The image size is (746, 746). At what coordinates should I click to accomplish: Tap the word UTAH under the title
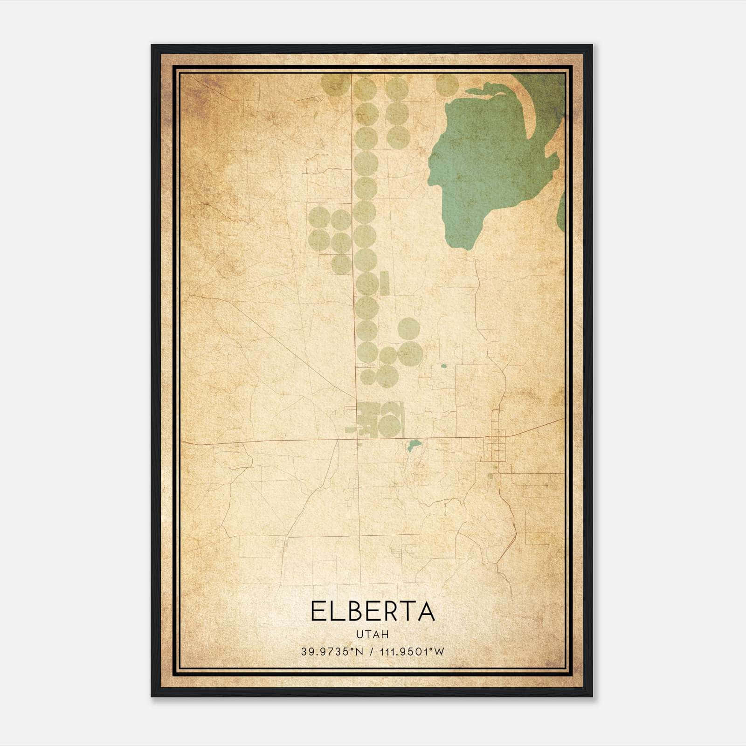tap(373, 635)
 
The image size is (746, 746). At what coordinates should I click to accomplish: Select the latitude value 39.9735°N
tap(332, 652)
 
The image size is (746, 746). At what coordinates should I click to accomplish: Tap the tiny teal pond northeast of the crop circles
tap(443, 366)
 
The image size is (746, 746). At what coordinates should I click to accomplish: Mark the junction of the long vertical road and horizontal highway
tap(358, 439)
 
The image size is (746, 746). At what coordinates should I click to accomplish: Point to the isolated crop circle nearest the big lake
tap(447, 84)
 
